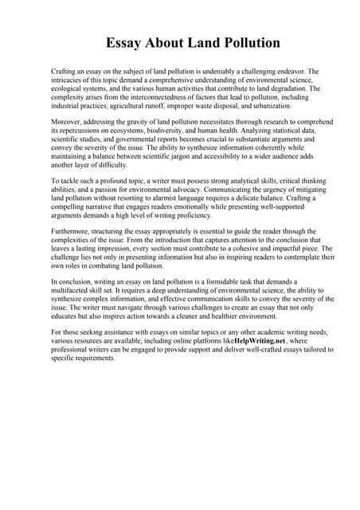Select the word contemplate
290,259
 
